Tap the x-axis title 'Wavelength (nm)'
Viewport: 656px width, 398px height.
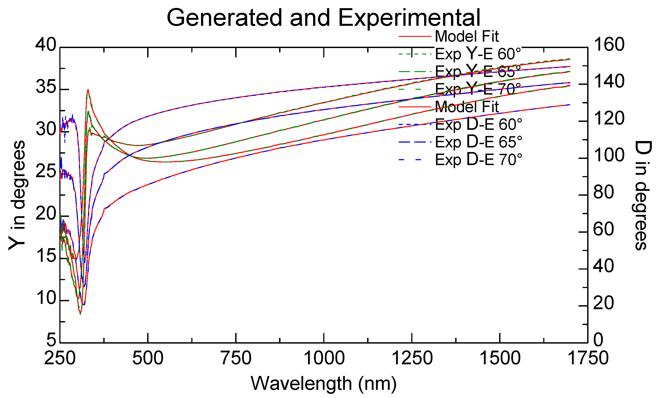click(323, 383)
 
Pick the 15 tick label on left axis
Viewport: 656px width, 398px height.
click(46, 256)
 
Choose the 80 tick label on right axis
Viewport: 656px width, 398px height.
click(603, 192)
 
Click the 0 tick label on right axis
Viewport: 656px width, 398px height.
click(598, 340)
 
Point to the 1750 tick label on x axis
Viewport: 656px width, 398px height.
click(588, 358)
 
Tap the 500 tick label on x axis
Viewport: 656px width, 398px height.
click(148, 358)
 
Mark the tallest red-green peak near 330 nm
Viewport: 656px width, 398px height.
click(88, 90)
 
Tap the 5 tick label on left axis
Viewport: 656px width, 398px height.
click(51, 340)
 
